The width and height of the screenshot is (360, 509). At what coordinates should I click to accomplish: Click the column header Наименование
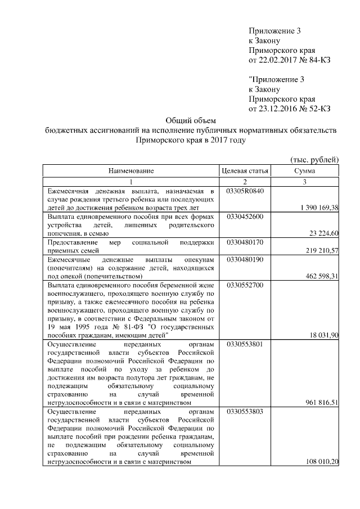click(x=131, y=170)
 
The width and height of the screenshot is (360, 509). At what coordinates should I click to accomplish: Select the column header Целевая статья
click(x=245, y=170)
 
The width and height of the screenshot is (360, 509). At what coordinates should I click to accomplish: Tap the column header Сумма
click(x=304, y=170)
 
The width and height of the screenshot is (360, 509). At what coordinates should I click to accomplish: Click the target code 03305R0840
click(x=245, y=191)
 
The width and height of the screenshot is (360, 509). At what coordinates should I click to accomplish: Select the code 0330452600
click(x=245, y=217)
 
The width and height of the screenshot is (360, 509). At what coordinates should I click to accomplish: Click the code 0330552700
click(x=245, y=285)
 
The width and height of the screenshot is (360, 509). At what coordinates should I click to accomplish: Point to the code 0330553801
click(x=245, y=344)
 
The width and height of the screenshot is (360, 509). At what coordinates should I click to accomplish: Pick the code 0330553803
click(x=245, y=412)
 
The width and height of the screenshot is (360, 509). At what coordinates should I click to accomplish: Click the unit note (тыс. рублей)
click(x=314, y=159)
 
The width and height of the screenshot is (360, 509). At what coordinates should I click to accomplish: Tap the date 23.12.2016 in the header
click(x=276, y=109)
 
